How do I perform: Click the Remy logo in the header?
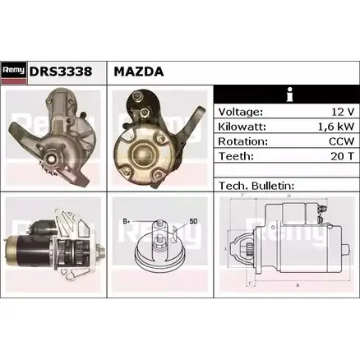click(x=14, y=73)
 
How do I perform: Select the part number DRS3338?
click(x=61, y=72)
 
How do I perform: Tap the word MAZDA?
click(x=139, y=72)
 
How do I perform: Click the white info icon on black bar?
click(x=289, y=95)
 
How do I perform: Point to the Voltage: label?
click(x=241, y=112)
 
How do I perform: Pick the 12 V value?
click(x=343, y=112)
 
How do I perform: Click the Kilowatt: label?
click(x=242, y=127)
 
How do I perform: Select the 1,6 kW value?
click(x=336, y=127)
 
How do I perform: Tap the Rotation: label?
click(x=242, y=141)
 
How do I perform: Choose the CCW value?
click(x=342, y=141)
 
